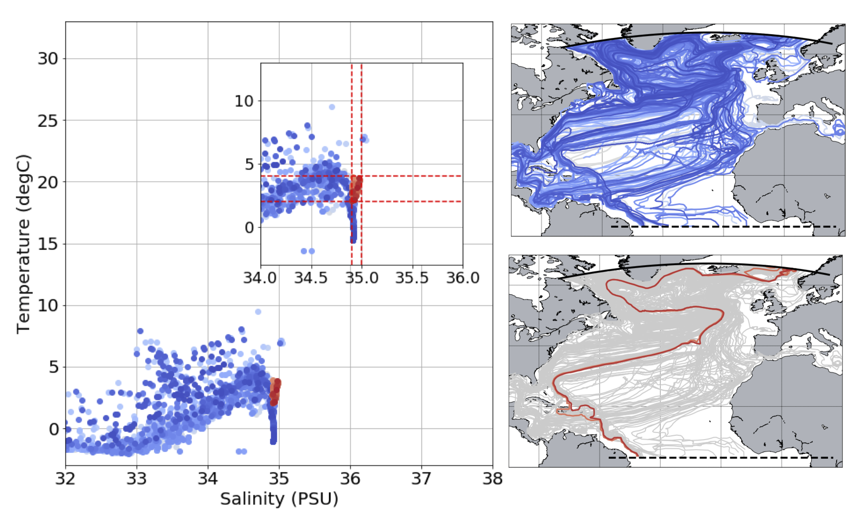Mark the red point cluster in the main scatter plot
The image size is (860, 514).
click(x=275, y=392)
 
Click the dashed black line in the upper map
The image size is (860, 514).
click(x=724, y=227)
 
